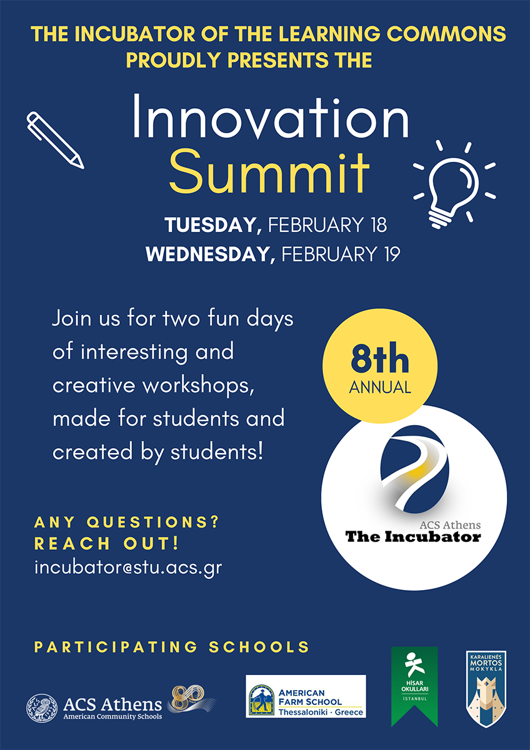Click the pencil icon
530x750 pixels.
55,140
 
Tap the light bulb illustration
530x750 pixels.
454,185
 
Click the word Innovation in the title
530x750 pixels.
271,116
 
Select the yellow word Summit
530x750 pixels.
269,173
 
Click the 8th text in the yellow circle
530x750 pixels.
379,358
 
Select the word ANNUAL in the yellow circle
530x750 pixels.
380,387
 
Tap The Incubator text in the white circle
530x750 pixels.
413,537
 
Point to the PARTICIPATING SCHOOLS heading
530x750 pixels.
172,647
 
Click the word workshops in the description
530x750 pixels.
198,386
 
